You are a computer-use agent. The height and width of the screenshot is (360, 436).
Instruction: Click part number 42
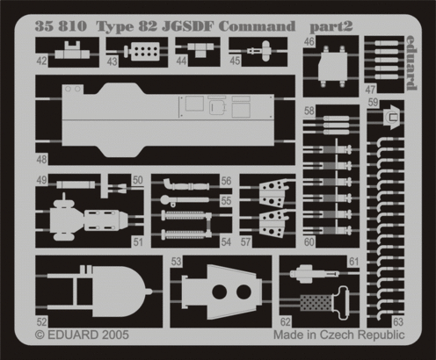(x=41, y=61)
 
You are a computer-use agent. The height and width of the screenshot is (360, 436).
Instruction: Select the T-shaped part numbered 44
(x=197, y=49)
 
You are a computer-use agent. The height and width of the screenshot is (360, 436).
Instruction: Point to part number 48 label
(x=41, y=160)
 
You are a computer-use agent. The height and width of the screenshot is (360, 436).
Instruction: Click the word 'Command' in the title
(x=257, y=26)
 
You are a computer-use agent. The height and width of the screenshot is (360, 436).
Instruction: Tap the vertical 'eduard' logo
(x=411, y=63)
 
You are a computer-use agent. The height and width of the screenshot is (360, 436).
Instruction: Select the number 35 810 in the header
(x=61, y=26)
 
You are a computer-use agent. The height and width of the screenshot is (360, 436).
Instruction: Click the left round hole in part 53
(x=220, y=292)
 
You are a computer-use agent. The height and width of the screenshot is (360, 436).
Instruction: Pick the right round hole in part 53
(x=243, y=292)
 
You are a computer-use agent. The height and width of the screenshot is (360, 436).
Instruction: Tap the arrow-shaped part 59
(x=391, y=118)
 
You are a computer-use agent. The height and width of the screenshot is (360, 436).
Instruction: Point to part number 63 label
(x=398, y=322)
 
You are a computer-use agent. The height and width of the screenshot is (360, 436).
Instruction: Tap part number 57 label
(x=245, y=241)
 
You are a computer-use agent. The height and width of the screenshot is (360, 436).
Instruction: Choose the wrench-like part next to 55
(x=185, y=200)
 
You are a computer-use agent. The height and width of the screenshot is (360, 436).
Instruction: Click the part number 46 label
(x=309, y=41)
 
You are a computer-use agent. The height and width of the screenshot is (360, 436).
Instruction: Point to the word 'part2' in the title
(x=331, y=27)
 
